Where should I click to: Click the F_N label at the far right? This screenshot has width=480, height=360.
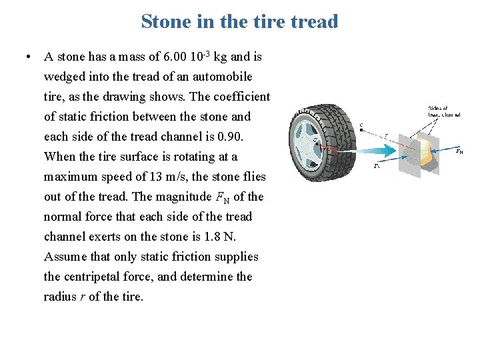[x=459, y=151]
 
